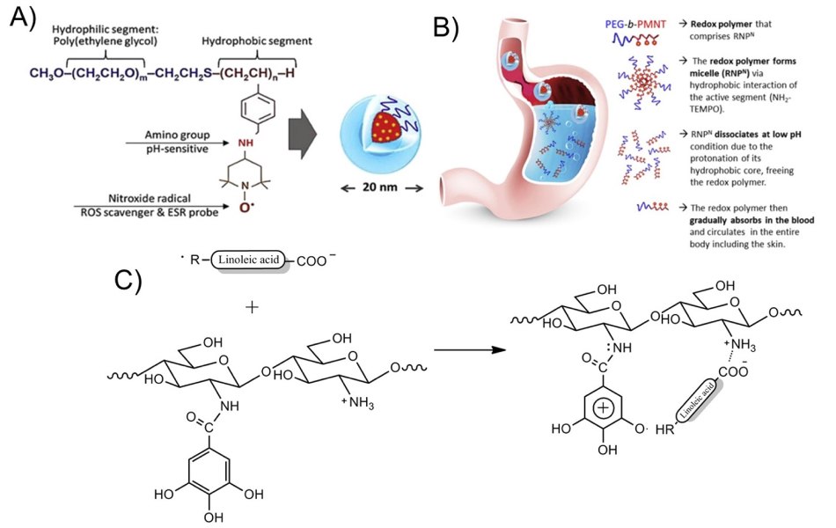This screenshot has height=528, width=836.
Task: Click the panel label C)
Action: tap(133, 280)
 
